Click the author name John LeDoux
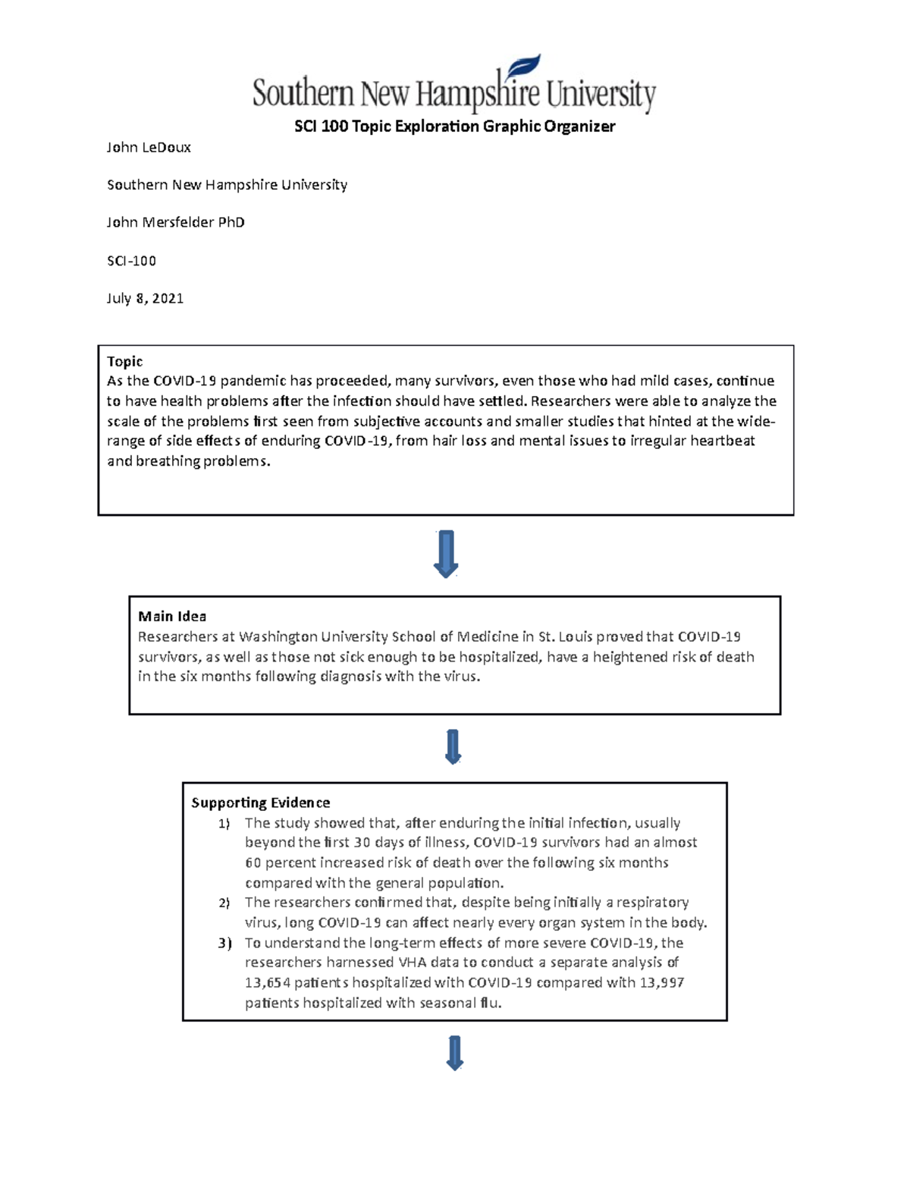[x=149, y=147]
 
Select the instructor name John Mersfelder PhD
[x=175, y=222]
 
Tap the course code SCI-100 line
[x=131, y=260]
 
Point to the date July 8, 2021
[x=145, y=298]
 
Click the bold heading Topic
[x=124, y=362]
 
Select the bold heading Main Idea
[x=172, y=617]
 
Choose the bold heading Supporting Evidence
[x=260, y=803]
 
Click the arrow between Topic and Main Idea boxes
[x=446, y=554]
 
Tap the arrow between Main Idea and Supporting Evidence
[x=453, y=746]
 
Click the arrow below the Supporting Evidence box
[x=454, y=1053]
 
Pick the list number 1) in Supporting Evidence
[x=224, y=824]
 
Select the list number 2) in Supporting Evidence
[x=224, y=903]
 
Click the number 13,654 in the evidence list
[x=267, y=983]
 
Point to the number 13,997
[x=659, y=983]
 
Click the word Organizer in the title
[x=583, y=127]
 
